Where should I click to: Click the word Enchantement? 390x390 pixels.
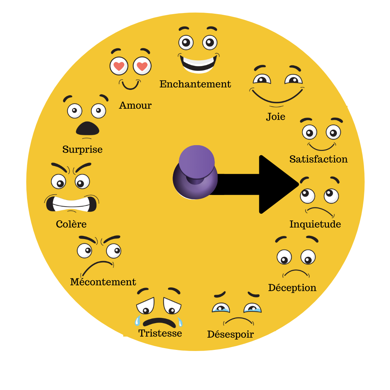pos(195,84)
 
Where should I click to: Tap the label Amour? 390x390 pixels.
pos(135,105)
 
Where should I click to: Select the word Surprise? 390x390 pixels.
pos(82,149)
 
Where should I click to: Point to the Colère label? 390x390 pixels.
pos(71,224)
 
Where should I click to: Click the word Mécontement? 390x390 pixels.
pos(103,282)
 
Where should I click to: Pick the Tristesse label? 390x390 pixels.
pos(160,333)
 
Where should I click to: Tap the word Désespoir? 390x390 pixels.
pos(230,334)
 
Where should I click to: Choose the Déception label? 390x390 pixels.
pos(292,288)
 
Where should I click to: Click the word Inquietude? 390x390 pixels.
pos(315,224)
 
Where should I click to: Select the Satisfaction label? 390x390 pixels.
pos(318,159)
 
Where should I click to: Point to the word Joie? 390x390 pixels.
pos(276,117)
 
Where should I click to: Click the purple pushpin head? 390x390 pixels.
pos(196,161)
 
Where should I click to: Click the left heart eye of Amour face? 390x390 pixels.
pos(119,66)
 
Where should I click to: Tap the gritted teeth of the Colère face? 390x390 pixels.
pos(71,204)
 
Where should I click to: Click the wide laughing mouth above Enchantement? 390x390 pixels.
pos(198,63)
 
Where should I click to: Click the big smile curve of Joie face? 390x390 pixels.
pos(277,97)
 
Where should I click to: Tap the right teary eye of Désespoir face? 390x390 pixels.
pos(252,308)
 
